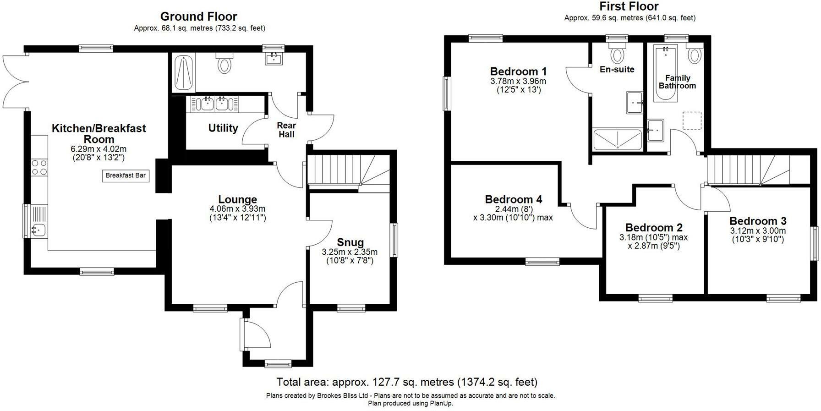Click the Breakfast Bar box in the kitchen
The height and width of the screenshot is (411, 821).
pyautogui.click(x=126, y=175)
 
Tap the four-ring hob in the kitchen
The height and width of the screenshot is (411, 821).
pyautogui.click(x=39, y=167)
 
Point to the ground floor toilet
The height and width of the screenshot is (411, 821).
pyautogui.click(x=224, y=62)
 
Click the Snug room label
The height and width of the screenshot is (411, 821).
pyautogui.click(x=350, y=242)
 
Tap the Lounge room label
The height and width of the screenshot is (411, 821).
pyautogui.click(x=237, y=199)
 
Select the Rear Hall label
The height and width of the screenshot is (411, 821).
pyautogui.click(x=286, y=130)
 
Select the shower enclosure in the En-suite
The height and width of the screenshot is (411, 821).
pyautogui.click(x=618, y=140)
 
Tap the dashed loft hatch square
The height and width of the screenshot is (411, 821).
pyautogui.click(x=692, y=121)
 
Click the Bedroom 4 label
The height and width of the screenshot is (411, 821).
pyautogui.click(x=513, y=199)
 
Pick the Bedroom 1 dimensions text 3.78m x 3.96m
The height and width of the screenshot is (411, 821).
pyautogui.click(x=518, y=82)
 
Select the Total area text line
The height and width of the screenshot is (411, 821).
pyautogui.click(x=407, y=382)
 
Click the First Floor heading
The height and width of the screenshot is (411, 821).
pyautogui.click(x=629, y=6)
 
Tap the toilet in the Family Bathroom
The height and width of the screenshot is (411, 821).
pyautogui.click(x=695, y=53)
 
